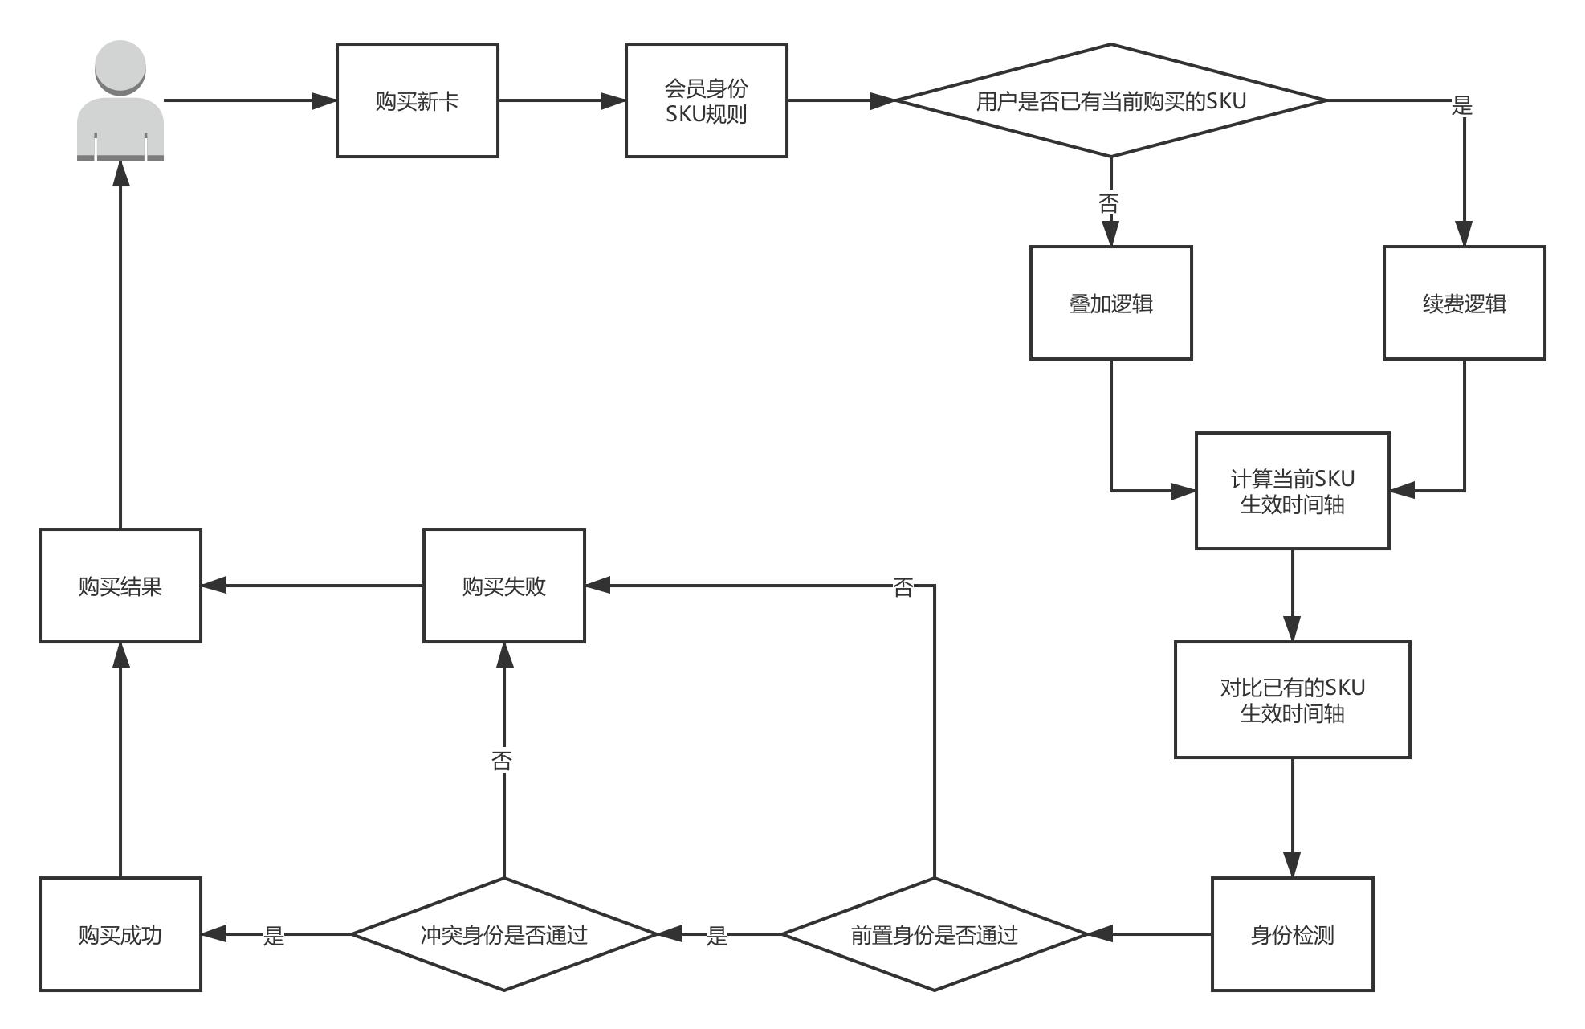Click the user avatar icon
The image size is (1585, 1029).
click(x=120, y=100)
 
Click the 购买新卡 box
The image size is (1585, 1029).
click(x=417, y=100)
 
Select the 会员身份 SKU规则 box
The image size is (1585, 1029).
click(x=706, y=100)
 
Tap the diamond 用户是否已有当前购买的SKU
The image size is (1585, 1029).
click(x=1110, y=100)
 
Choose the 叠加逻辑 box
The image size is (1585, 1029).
click(x=1110, y=303)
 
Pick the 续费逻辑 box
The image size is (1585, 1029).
click(x=1464, y=303)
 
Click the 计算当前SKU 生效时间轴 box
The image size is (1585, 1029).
click(x=1292, y=491)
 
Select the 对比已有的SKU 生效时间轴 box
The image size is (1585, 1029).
click(x=1292, y=700)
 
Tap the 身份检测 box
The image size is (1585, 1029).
click(x=1292, y=934)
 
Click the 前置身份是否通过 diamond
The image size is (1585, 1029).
click(x=934, y=934)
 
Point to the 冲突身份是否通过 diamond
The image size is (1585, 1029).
click(x=504, y=934)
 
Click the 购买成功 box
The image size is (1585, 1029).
click(x=120, y=934)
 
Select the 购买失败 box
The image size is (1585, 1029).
click(x=504, y=586)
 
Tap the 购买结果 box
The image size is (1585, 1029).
click(x=120, y=586)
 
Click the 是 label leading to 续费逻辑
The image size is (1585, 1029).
click(x=1462, y=105)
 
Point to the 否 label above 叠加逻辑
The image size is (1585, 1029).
click(x=1109, y=203)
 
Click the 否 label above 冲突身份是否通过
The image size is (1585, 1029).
click(x=502, y=761)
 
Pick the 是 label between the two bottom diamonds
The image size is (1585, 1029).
click(x=717, y=936)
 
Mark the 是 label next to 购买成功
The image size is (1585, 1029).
click(x=274, y=936)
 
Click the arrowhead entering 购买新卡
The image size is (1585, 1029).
click(x=324, y=100)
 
